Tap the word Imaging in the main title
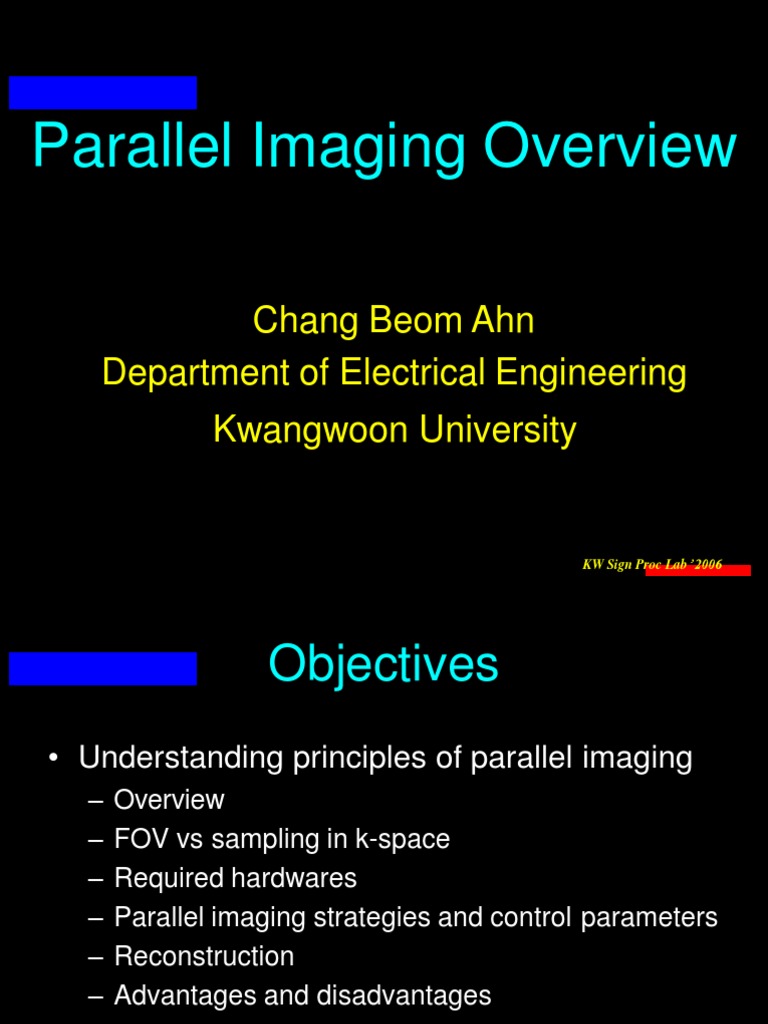355,148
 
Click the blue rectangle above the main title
103,92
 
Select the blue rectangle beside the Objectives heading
103,668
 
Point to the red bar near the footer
698,570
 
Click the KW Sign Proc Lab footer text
651,564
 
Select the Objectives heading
383,664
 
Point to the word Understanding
181,758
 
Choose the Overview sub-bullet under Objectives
169,800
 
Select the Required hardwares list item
235,878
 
